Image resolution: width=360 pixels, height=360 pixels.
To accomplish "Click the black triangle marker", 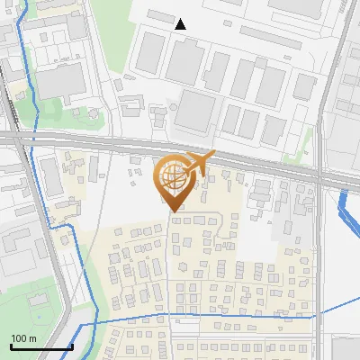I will coord(181,24).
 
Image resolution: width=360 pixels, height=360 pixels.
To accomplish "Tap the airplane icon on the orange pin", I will coord(199,164).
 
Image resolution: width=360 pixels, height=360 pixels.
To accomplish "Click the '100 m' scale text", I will coord(23,338).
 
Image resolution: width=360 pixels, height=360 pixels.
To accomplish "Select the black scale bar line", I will coord(41,346).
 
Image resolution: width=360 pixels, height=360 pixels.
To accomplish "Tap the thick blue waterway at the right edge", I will coord(346,212).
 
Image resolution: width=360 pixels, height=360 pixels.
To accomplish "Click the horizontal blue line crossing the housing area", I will coord(207,316).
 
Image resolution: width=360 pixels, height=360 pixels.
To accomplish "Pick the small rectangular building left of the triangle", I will coord(161,16).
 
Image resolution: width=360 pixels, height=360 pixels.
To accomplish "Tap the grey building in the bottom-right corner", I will coord(346,349).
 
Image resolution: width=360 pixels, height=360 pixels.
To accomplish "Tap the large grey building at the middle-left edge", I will coord(16,252).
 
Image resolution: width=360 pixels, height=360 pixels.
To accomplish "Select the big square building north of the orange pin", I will coord(197,112).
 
